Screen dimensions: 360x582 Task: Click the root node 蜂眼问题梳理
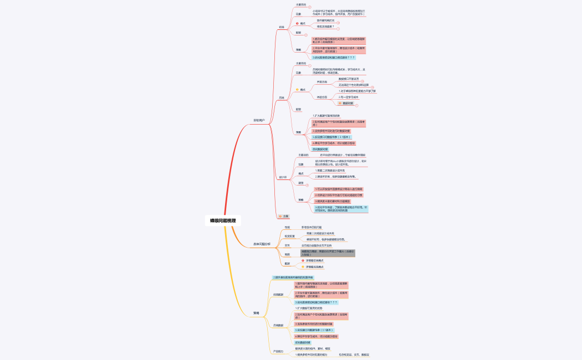222,220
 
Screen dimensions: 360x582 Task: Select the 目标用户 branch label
259,120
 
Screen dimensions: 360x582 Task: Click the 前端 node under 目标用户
282,27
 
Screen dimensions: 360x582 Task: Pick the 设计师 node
283,177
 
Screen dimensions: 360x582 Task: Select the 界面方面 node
322,81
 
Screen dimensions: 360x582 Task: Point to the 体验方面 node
322,97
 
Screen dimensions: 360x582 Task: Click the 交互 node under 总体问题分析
287,245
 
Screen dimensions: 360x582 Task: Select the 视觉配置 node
290,236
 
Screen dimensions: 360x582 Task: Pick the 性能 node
287,227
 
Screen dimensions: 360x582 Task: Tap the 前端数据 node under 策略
278,295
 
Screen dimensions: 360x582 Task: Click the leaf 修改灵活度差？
326,27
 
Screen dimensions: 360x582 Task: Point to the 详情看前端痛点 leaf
315,260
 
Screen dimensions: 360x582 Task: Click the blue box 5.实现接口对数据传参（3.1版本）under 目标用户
331,137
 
